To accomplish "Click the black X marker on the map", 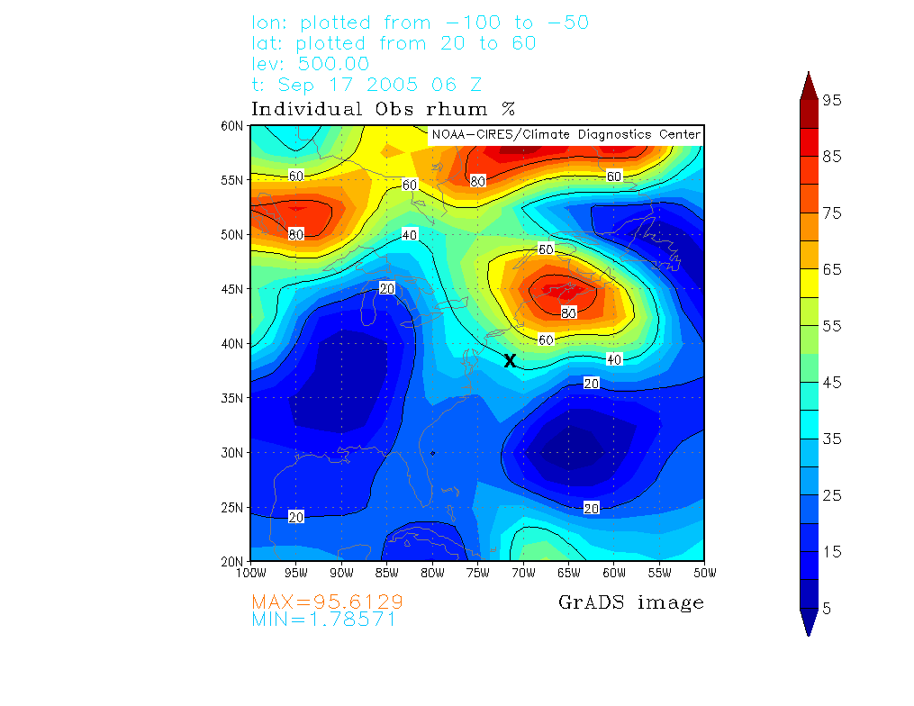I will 510,361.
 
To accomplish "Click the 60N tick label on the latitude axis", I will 233,126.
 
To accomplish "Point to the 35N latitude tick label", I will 233,398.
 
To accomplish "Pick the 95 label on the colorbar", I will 832,101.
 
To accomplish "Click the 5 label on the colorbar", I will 827,608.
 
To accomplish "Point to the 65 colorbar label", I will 832,269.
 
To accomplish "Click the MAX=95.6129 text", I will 327,602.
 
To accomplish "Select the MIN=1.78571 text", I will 324,620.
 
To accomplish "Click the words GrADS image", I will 631,602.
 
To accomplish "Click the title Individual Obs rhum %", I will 383,110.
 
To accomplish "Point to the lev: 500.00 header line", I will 311,64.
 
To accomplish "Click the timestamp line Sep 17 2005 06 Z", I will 367,86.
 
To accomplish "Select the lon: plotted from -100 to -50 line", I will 421,23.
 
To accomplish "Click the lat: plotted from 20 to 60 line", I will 394,43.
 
